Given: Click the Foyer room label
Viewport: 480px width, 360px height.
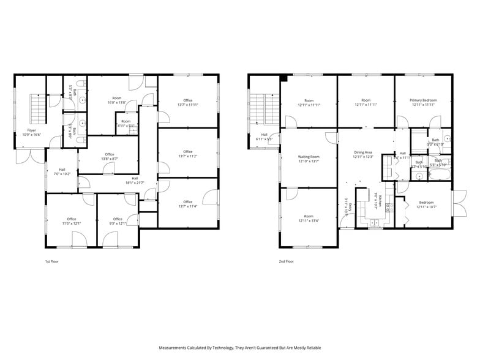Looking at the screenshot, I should [29, 132].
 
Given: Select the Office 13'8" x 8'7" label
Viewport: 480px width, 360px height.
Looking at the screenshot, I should [110, 156].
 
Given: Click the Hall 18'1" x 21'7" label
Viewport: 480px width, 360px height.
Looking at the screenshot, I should [135, 181].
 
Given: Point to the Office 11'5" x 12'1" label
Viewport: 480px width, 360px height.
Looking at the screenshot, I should [72, 221].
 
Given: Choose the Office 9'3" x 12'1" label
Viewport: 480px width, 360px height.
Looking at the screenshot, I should [118, 221].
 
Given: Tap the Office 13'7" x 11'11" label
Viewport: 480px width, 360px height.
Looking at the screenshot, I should [187, 102].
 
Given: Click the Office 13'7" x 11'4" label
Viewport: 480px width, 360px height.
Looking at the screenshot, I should [187, 204].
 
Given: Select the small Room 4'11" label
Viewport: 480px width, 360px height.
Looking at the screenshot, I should [126, 123].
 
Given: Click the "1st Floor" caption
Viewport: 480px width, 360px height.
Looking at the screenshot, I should [51, 261].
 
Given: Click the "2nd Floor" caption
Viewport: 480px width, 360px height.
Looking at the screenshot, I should [286, 261].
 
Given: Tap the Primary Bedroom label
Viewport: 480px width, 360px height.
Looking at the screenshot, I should [423, 102].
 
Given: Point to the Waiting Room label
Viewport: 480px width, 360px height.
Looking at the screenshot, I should [309, 159].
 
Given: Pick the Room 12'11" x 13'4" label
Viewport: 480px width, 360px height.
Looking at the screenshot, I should [309, 219].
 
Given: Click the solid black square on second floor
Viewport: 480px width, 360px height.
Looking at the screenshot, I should [283, 78].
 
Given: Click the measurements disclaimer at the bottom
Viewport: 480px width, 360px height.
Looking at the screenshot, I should [240, 348].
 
